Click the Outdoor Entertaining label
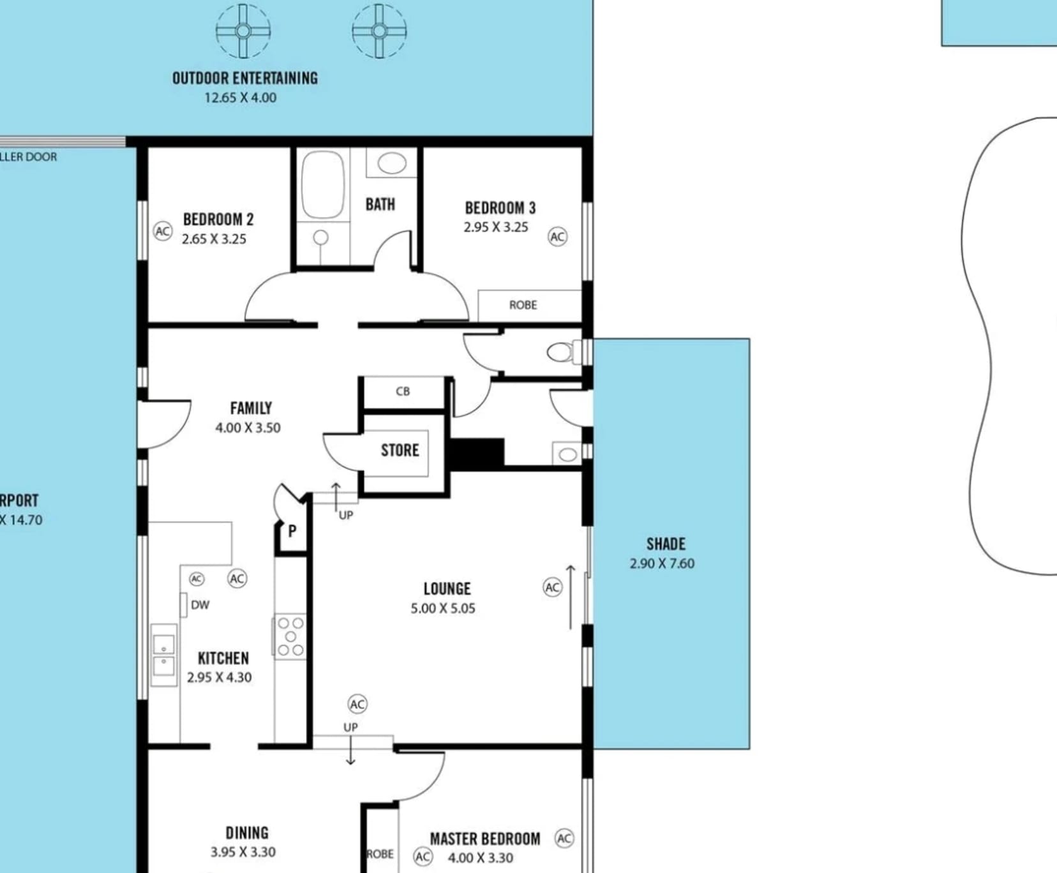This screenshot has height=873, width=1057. [245, 78]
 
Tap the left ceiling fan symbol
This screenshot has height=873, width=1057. [243, 31]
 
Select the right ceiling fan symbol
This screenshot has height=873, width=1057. [379, 31]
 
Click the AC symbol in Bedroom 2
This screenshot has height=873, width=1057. [163, 231]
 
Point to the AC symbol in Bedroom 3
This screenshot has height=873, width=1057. [557, 237]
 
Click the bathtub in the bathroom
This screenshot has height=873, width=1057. [323, 185]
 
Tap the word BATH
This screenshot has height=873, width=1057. [380, 204]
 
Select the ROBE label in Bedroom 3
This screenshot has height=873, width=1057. [523, 305]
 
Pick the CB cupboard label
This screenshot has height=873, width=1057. [403, 391]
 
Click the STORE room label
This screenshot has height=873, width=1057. [400, 451]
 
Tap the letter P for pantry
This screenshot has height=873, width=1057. [292, 531]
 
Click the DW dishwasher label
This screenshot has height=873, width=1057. [200, 605]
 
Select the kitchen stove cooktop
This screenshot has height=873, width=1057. [290, 636]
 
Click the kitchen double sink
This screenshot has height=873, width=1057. [164, 655]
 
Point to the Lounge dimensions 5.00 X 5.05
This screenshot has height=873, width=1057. [443, 608]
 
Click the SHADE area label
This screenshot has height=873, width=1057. [666, 544]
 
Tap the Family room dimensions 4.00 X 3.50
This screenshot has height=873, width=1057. [248, 428]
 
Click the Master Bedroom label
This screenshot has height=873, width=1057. [485, 839]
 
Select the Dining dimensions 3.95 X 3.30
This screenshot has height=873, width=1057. [243, 852]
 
